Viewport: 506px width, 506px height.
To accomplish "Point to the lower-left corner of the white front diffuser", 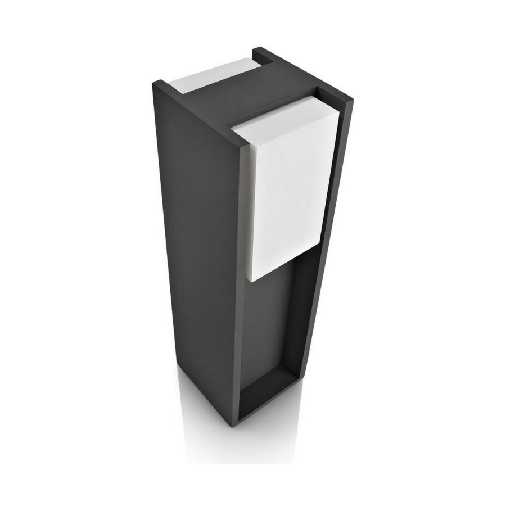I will click(x=248, y=279).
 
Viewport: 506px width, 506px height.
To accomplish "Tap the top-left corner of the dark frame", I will click(x=157, y=83).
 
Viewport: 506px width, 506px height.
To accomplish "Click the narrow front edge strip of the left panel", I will click(x=240, y=281).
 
